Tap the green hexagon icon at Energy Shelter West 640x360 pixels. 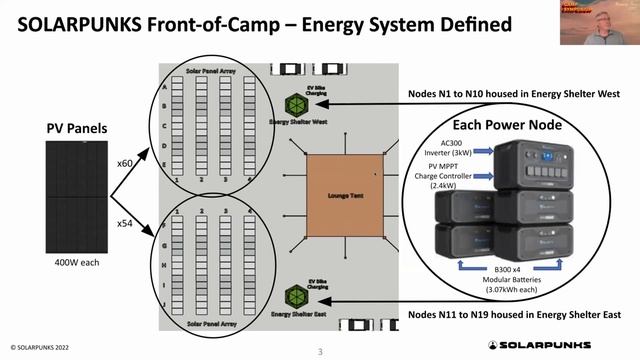coord(298,103)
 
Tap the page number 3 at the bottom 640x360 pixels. coord(320,351)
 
